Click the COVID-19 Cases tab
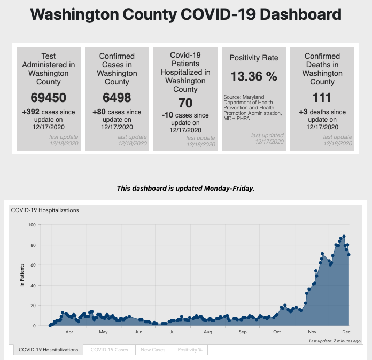110,350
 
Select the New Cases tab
153,350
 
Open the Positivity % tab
190,350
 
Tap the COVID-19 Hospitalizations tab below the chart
49,350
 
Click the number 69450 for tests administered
49,98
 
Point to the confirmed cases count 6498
117,98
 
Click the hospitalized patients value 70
185,103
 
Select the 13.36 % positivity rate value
254,76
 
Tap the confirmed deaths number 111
322,98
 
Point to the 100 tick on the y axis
32,225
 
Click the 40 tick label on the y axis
33,285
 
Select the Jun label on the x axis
138,332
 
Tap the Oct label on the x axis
277,332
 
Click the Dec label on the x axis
345,332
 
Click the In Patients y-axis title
22,276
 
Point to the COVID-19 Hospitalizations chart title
45,210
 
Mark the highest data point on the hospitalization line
344,236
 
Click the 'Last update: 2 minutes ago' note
335,340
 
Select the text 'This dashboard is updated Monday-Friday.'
186,189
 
